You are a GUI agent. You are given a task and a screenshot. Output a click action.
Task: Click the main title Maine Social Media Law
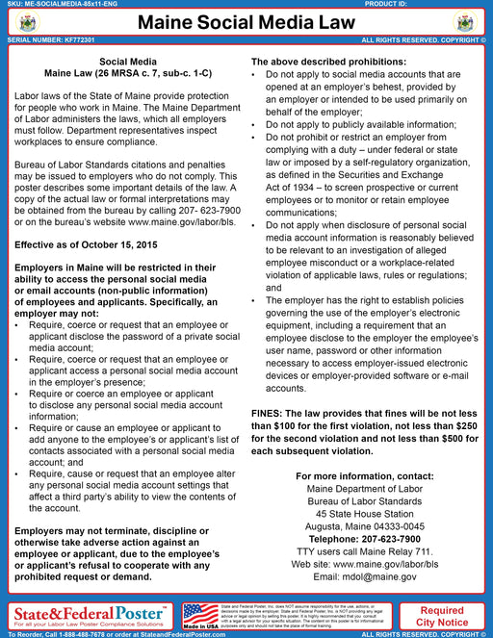tap(246, 22)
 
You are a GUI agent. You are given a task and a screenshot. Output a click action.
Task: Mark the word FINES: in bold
tap(272, 412)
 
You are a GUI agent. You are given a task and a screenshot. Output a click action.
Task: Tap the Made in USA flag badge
tap(200, 613)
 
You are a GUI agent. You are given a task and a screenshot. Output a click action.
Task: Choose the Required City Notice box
tap(442, 616)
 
